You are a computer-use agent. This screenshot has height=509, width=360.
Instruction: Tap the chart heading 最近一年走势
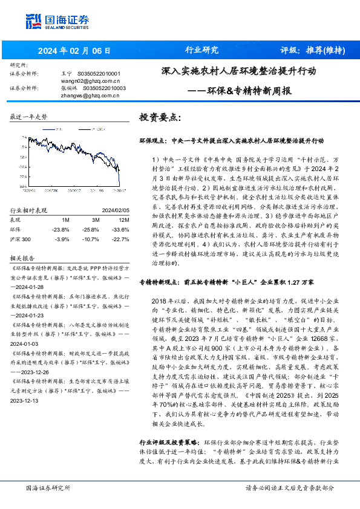click(x=29, y=117)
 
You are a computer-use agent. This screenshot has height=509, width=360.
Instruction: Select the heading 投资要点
click(x=160, y=117)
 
